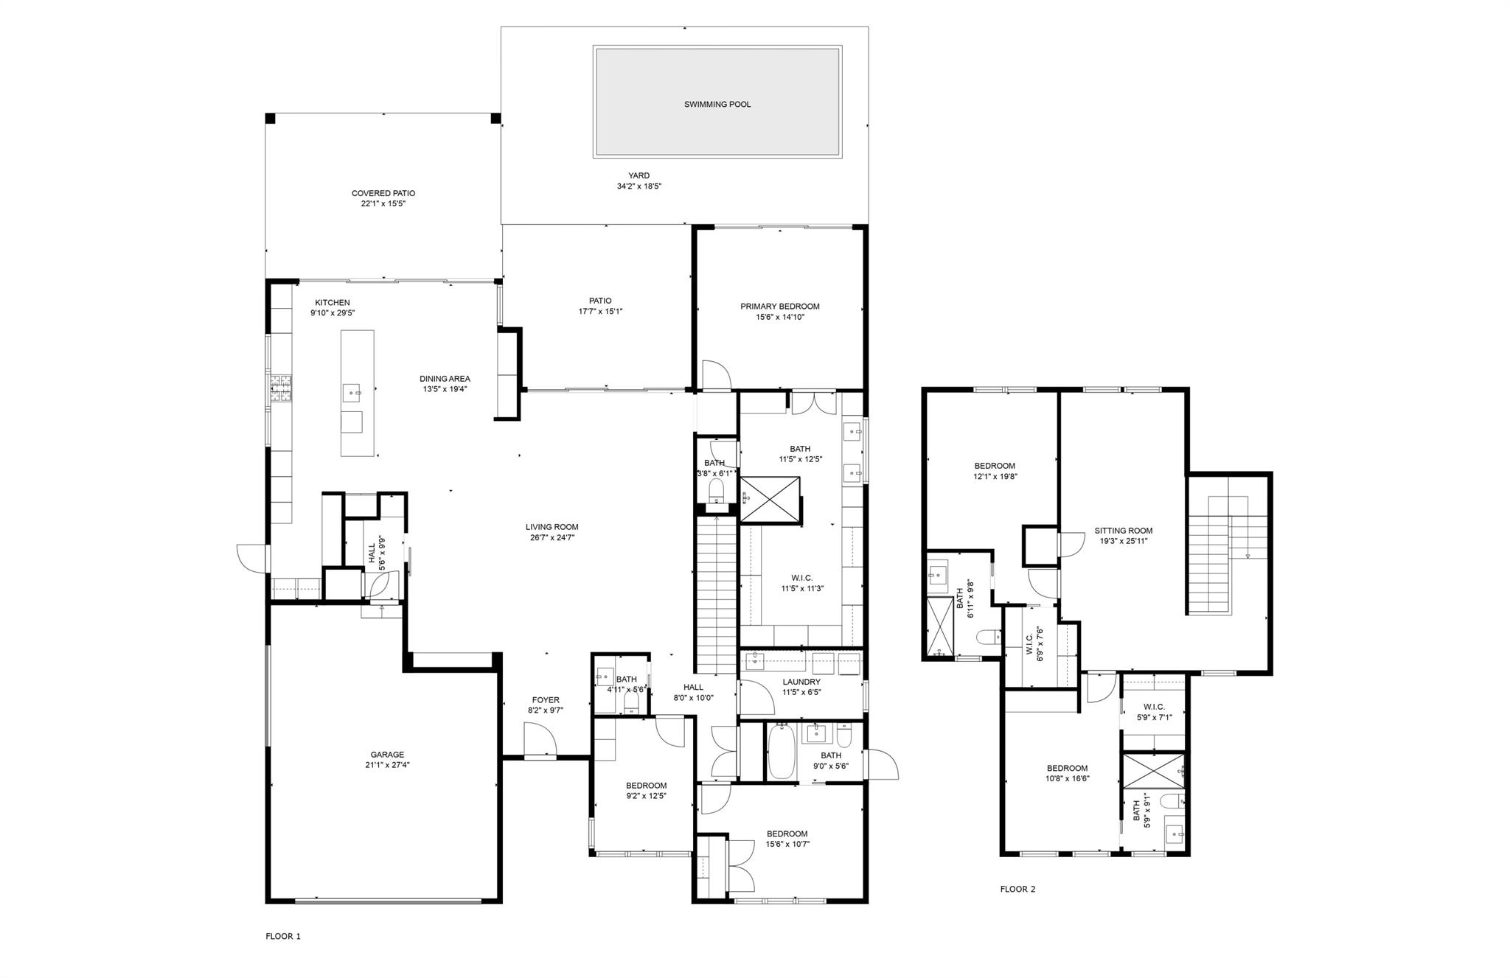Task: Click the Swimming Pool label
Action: pyautogui.click(x=717, y=105)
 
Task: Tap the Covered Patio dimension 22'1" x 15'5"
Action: pyautogui.click(x=383, y=203)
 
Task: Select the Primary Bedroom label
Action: pyautogui.click(x=779, y=307)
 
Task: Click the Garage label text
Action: pyautogui.click(x=387, y=755)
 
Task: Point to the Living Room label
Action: pyautogui.click(x=552, y=527)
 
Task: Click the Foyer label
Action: pyautogui.click(x=546, y=700)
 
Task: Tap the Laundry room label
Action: pyautogui.click(x=801, y=682)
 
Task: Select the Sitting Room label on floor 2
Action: pyautogui.click(x=1123, y=531)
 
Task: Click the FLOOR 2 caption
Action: pyautogui.click(x=1017, y=889)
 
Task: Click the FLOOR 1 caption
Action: pyautogui.click(x=283, y=937)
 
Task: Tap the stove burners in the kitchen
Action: pyautogui.click(x=281, y=389)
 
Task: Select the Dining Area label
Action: pyautogui.click(x=445, y=379)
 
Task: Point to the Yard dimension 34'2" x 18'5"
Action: pyautogui.click(x=639, y=186)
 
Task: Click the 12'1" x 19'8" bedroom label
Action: pyautogui.click(x=994, y=466)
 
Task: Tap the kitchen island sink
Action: pyautogui.click(x=352, y=392)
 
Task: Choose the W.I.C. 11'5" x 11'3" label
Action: pyautogui.click(x=801, y=579)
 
